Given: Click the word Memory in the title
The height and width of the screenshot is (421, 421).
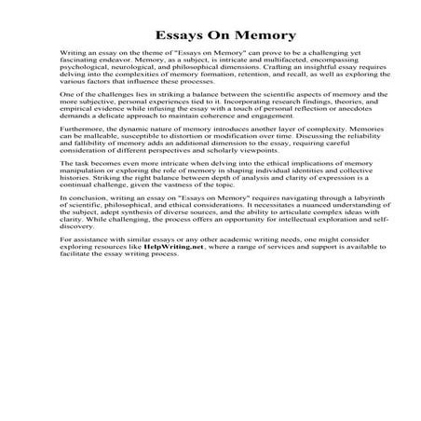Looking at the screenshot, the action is click(262, 36).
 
